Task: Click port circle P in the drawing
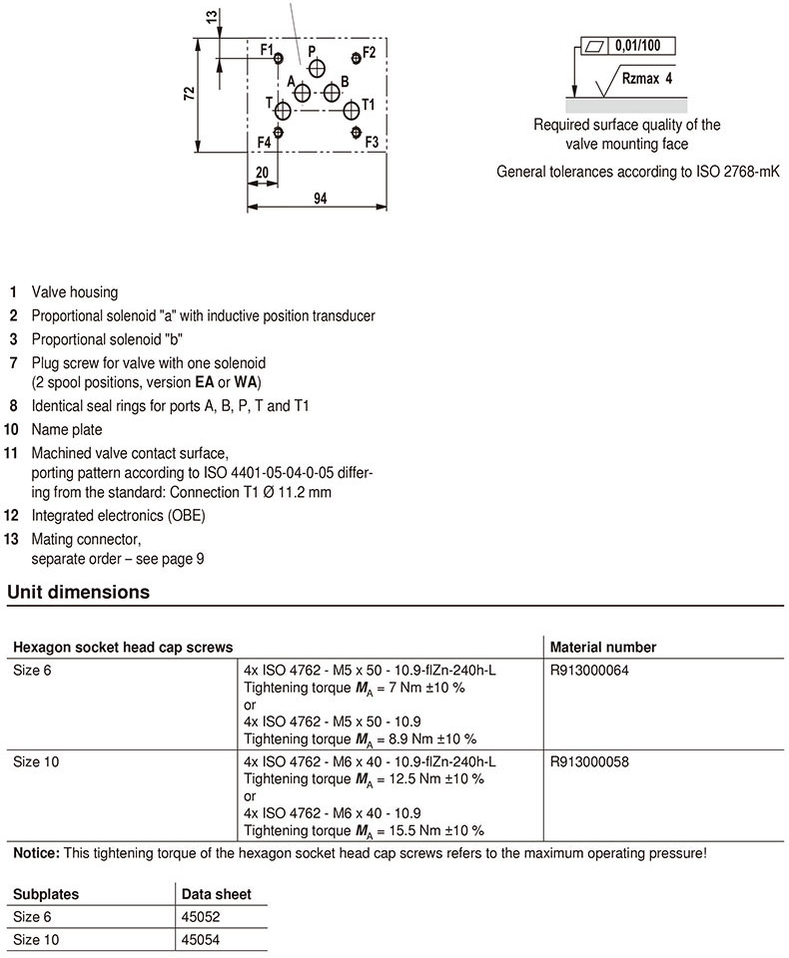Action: pos(317,68)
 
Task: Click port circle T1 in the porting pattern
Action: pos(351,110)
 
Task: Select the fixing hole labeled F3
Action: pos(356,132)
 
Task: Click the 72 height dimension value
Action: pos(190,94)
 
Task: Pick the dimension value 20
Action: pos(262,172)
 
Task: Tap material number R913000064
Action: pos(589,671)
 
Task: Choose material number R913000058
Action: pos(589,760)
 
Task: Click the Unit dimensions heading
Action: pos(79,592)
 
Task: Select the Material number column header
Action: pos(603,648)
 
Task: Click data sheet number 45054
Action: pos(201,940)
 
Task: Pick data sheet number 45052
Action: pos(201,917)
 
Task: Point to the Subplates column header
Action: pos(46,894)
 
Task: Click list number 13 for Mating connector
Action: pos(13,539)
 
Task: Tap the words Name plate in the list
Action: pos(67,430)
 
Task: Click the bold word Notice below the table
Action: pos(35,853)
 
